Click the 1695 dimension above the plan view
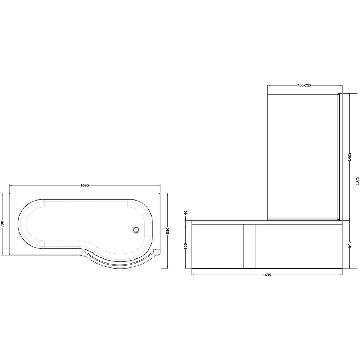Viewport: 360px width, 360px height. (85, 185)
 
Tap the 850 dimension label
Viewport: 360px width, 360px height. (168, 231)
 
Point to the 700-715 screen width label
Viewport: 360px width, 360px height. (304, 85)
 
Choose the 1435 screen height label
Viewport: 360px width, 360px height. (350, 157)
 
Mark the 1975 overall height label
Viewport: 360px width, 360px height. (357, 181)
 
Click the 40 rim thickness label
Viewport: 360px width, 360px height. (186, 213)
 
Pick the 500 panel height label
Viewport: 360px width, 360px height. (186, 246)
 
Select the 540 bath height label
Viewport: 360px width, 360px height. (350, 244)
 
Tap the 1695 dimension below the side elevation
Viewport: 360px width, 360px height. (267, 275)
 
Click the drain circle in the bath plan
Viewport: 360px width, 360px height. (136, 229)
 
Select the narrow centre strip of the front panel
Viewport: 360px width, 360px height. (249, 246)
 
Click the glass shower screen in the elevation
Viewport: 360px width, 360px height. (302, 157)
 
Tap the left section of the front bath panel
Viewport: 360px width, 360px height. (217, 246)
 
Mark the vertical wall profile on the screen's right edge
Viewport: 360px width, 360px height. (338, 157)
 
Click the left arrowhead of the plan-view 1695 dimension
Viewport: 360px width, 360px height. (10, 185)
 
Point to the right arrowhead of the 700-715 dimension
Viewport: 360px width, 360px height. (341, 85)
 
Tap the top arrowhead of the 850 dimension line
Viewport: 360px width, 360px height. (168, 194)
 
